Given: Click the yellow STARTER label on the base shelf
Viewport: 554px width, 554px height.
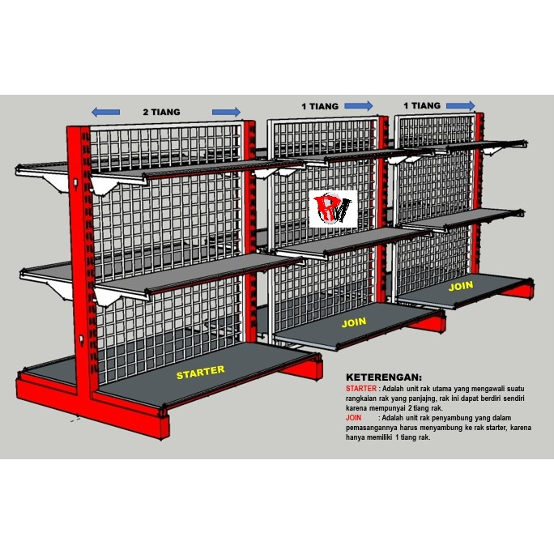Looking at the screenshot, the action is click(200, 372).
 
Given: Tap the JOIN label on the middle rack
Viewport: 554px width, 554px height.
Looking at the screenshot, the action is click(354, 322).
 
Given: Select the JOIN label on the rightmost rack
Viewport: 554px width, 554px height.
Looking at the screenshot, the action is click(461, 286).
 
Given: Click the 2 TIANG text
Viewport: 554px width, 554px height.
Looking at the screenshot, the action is click(161, 112).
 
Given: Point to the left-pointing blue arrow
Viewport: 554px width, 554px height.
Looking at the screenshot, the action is click(105, 113).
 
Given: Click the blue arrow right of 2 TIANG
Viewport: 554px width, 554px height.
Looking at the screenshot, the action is click(227, 112).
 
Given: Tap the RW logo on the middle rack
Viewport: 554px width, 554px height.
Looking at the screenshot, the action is click(333, 209).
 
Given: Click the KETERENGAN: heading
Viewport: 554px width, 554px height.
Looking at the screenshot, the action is click(384, 377).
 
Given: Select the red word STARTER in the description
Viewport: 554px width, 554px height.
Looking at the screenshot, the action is click(361, 389).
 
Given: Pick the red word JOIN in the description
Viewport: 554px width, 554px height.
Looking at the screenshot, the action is click(353, 418).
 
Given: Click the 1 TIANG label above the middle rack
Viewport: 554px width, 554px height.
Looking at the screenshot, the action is click(320, 106).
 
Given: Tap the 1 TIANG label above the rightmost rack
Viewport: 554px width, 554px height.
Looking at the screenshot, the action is click(422, 105).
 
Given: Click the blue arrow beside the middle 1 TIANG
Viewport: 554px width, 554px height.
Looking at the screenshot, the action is click(359, 105).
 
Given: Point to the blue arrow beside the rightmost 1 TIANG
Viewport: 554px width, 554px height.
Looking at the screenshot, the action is click(461, 105).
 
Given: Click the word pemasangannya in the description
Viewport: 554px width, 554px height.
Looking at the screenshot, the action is click(371, 428).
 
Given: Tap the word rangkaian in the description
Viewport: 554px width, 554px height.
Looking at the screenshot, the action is click(360, 398).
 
